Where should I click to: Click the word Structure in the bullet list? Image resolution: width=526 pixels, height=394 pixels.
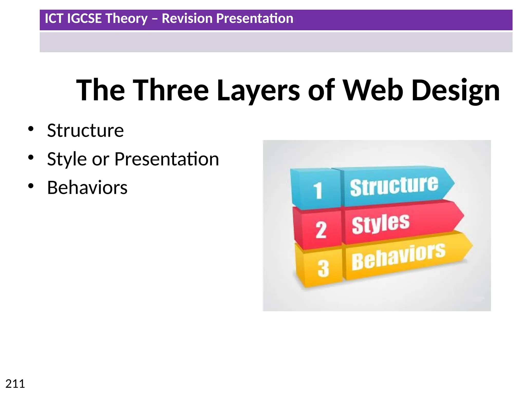pyautogui.click(x=85, y=131)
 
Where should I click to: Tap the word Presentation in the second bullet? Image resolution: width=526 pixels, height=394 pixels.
pyautogui.click(x=166, y=159)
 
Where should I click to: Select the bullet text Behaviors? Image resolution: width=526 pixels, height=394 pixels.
pyautogui.click(x=87, y=188)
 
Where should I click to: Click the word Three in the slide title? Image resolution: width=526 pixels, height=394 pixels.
pyautogui.click(x=171, y=90)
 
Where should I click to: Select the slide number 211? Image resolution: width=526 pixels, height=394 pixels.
pyautogui.click(x=15, y=384)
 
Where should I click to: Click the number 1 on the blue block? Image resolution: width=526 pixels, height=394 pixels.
pyautogui.click(x=318, y=190)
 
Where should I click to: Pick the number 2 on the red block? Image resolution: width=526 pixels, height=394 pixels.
pyautogui.click(x=321, y=230)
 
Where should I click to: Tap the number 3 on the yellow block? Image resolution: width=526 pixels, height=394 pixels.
pyautogui.click(x=323, y=269)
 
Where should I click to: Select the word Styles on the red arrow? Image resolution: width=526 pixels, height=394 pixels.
pyautogui.click(x=380, y=224)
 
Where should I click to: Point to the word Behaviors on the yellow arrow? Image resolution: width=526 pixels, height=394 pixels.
pyautogui.click(x=398, y=257)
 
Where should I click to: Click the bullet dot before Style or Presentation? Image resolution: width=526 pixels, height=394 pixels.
pyautogui.click(x=31, y=157)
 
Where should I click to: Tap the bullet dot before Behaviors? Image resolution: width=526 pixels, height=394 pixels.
pyautogui.click(x=31, y=186)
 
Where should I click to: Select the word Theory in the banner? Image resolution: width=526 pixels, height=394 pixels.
pyautogui.click(x=126, y=18)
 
